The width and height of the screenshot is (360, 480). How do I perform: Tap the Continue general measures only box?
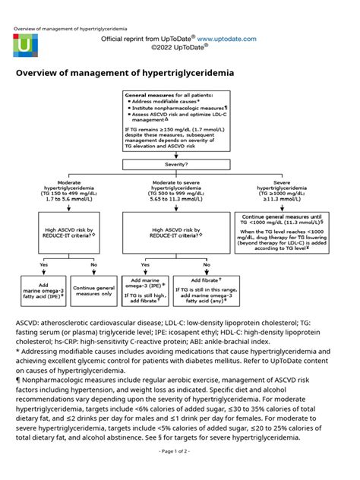[94, 289]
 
